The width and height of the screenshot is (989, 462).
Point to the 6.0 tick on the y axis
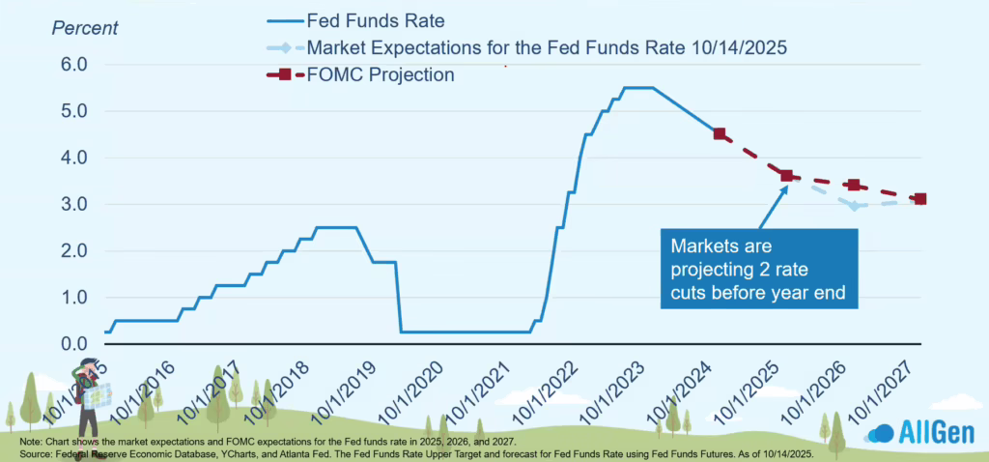[75, 65]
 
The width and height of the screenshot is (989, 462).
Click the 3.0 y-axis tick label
[75, 205]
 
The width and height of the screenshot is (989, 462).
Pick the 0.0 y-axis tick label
[75, 344]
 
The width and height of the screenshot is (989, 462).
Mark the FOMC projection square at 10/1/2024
[720, 133]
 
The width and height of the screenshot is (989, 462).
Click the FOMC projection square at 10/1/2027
[920, 199]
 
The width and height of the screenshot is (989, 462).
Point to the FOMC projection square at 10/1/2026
[854, 185]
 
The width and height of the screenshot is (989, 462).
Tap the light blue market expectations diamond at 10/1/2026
[854, 206]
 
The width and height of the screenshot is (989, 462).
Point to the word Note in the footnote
[31, 441]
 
